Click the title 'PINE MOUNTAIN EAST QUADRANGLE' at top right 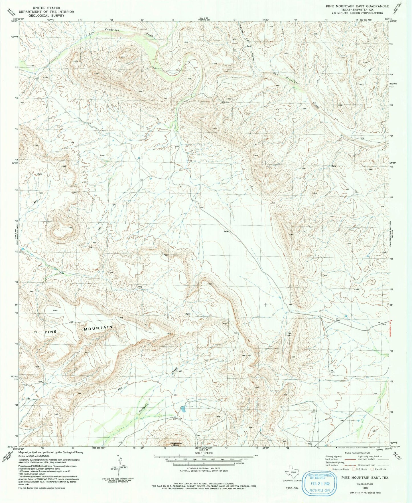coord(357,6)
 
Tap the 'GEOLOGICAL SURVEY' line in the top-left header coord(46,16)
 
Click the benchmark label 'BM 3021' coord(332,371)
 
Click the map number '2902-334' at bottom coord(292,488)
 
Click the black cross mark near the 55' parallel coord(266,305)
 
